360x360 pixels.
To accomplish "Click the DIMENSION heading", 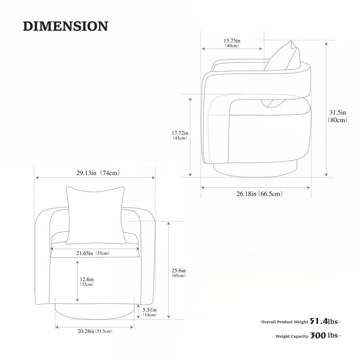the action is coord(65,26).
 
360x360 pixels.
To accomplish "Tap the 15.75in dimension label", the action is coord(232,41).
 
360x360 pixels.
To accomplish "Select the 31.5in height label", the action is coord(337,112).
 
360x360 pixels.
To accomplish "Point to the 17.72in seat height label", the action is coord(180,133).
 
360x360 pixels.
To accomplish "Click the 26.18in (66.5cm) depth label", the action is coord(260,194).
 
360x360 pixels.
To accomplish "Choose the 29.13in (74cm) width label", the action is coord(98,173).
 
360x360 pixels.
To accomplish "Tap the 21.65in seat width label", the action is coord(85,253).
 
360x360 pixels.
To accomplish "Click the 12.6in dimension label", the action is coord(87,279).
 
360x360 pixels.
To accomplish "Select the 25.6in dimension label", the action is coord(179,271).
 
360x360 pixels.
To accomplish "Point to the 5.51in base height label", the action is coord(150,310).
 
